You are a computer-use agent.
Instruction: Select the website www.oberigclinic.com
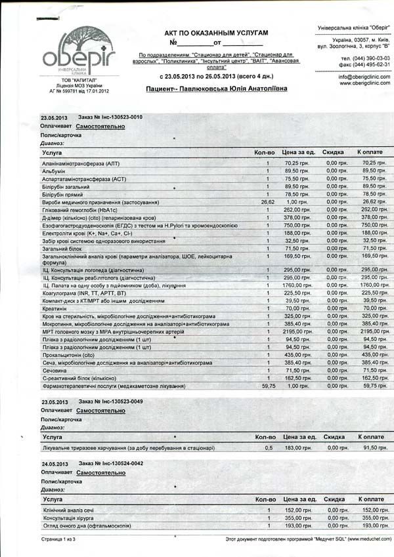tap(364, 84)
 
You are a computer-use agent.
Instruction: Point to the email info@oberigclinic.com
tap(364, 77)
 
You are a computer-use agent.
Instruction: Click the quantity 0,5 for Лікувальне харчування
tap(268, 447)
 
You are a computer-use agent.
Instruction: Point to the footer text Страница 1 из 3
tap(58, 539)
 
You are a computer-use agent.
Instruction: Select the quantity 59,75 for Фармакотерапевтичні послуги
tap(268, 386)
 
